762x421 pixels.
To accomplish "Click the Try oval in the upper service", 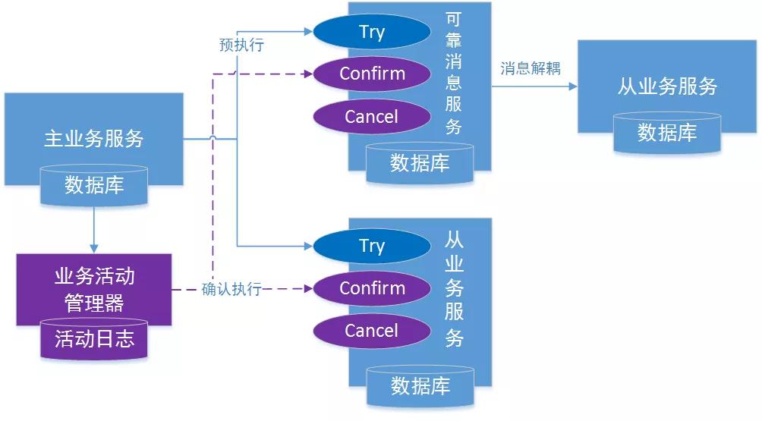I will [x=372, y=32].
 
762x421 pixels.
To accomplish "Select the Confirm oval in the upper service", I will [x=372, y=74].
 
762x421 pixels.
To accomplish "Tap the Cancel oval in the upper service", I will [x=371, y=116].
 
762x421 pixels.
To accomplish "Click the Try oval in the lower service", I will [x=372, y=246].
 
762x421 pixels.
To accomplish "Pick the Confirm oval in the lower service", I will [x=372, y=288].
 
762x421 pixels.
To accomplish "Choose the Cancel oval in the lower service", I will [x=371, y=331].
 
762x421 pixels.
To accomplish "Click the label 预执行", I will [x=241, y=46].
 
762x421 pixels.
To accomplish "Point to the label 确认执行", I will [x=231, y=289].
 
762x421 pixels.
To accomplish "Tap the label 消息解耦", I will [x=531, y=68].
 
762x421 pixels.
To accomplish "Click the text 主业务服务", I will [x=94, y=138].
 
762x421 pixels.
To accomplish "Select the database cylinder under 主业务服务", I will [x=94, y=185].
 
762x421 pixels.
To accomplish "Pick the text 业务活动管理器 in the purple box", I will [x=94, y=289].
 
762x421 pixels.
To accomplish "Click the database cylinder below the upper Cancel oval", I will [x=420, y=162].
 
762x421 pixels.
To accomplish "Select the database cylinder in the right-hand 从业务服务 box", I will [x=667, y=133].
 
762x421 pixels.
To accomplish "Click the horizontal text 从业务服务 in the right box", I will [x=667, y=86].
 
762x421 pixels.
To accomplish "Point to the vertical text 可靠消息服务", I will [x=454, y=74].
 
